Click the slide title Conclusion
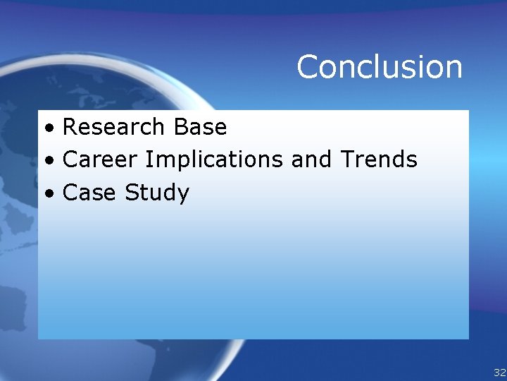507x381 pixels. click(x=380, y=67)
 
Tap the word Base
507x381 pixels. click(x=199, y=127)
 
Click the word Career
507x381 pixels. click(x=101, y=159)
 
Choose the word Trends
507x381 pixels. click(x=379, y=159)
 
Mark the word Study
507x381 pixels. click(x=157, y=193)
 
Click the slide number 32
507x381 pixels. click(x=499, y=372)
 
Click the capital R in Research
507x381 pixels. click(x=70, y=127)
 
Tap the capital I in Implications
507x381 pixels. click(x=148, y=159)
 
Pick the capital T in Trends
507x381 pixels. click(x=348, y=159)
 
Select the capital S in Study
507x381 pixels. click(x=132, y=192)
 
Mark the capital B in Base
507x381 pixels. click(x=179, y=127)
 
